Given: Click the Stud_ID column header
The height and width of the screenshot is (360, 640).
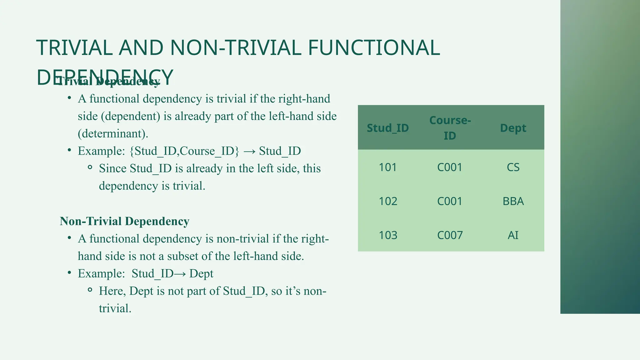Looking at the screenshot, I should pyautogui.click(x=387, y=128).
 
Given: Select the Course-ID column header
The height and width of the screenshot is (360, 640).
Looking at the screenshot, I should pyautogui.click(x=450, y=128).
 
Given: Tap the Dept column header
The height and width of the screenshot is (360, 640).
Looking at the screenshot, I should pyautogui.click(x=513, y=128).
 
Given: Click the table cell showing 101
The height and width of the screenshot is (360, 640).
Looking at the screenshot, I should pyautogui.click(x=387, y=167).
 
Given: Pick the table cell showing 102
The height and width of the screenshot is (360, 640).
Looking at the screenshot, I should pyautogui.click(x=388, y=201).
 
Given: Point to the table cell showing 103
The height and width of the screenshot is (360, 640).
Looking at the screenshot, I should pyautogui.click(x=388, y=235).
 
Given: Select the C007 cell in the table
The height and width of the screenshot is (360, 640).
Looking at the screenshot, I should pyautogui.click(x=450, y=235).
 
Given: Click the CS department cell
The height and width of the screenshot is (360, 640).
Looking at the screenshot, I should pyautogui.click(x=513, y=167).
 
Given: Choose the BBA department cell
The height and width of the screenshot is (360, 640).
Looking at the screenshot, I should pyautogui.click(x=513, y=201).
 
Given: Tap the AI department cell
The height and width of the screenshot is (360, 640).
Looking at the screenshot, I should pyautogui.click(x=513, y=235).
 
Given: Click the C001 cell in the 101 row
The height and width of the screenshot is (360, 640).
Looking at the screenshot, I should pyautogui.click(x=450, y=167).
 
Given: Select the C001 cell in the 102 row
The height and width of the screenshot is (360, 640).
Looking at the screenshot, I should pyautogui.click(x=450, y=201).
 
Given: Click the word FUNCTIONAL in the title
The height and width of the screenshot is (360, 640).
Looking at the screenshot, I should pyautogui.click(x=374, y=48).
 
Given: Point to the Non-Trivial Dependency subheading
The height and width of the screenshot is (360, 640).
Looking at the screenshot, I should pyautogui.click(x=124, y=221).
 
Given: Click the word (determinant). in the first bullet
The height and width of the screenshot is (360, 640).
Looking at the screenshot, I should pyautogui.click(x=113, y=134).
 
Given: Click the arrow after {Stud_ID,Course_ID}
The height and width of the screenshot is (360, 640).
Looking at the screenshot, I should pyautogui.click(x=249, y=151).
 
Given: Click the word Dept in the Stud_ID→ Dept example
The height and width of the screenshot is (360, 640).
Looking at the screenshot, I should pyautogui.click(x=201, y=274).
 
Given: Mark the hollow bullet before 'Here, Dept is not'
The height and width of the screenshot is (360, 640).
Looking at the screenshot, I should pyautogui.click(x=90, y=290).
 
